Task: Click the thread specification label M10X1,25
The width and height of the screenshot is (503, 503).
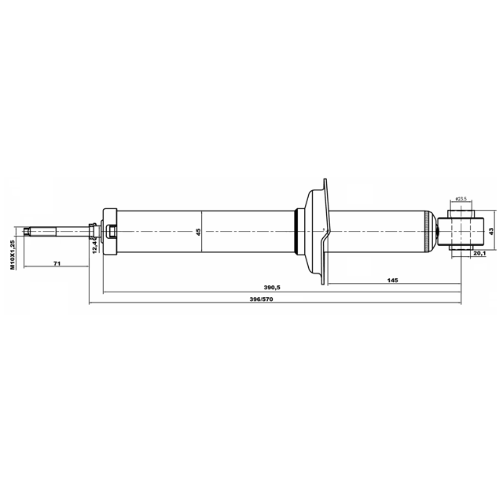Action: pos(13,255)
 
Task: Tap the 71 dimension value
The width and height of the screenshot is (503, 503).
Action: pos(57,263)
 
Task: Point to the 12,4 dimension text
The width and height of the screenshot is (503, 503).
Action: pos(94,246)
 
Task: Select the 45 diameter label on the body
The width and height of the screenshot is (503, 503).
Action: pos(198,232)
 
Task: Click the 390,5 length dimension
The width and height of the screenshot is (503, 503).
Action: pos(272,288)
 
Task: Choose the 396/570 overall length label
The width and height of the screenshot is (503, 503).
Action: pos(261,299)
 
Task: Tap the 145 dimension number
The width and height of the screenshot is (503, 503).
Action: pos(392,280)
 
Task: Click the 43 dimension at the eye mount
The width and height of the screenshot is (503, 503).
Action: pos(491,231)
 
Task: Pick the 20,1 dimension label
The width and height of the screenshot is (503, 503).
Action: pos(479,253)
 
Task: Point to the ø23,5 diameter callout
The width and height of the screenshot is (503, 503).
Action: pos(461,199)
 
